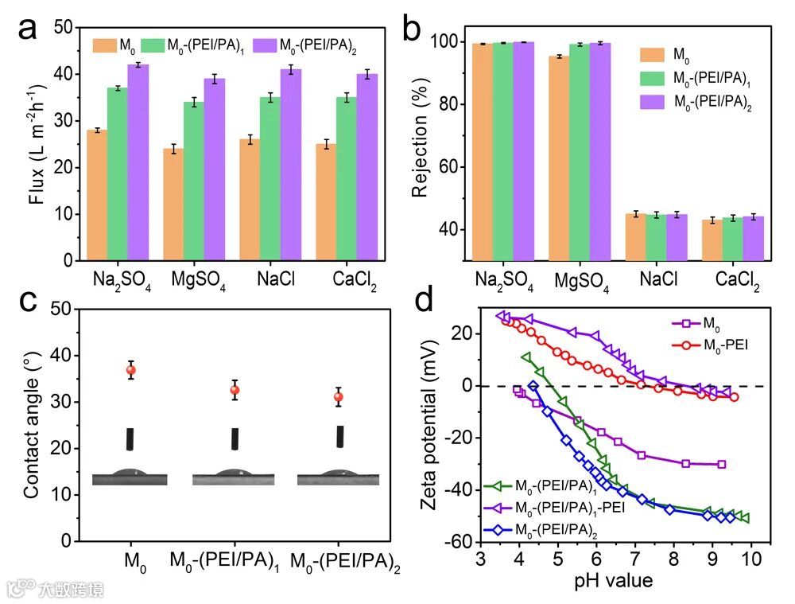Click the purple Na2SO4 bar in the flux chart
coord(138,162)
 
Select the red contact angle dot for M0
coord(131,369)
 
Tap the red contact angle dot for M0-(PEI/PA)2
coord(339,397)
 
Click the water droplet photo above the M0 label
coord(130,476)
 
